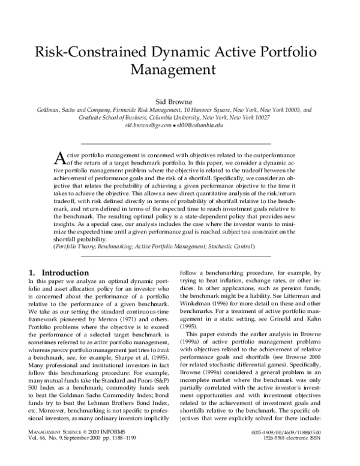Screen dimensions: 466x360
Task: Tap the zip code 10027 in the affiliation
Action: point(261,118)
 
